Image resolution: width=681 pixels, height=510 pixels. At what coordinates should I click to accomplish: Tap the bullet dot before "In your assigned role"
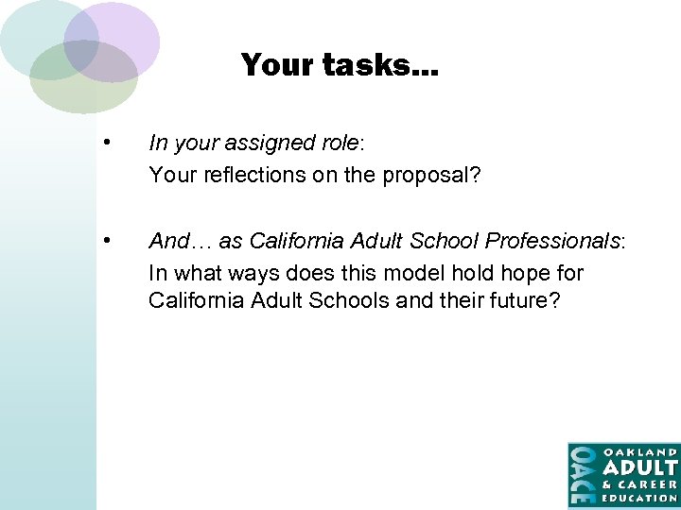point(111,144)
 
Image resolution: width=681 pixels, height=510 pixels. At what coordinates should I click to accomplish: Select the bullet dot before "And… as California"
point(111,241)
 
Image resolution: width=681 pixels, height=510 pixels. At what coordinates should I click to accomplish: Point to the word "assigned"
point(271,144)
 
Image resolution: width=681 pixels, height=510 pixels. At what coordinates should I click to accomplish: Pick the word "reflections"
point(243,175)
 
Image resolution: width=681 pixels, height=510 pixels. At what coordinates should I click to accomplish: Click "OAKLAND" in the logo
point(640,451)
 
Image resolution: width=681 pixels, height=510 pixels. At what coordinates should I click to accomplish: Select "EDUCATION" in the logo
point(640,497)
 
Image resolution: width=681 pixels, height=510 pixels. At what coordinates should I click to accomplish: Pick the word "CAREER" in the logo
point(649,484)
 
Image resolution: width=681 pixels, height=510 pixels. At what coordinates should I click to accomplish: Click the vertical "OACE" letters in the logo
point(582,474)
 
